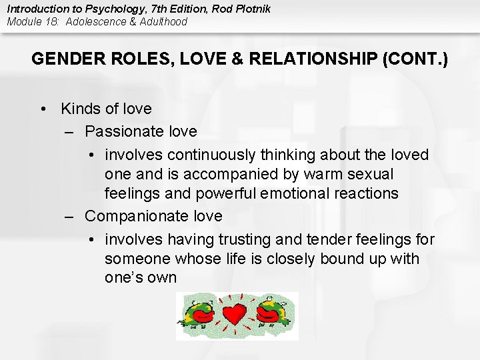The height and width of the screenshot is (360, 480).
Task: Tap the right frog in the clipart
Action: (x=271, y=312)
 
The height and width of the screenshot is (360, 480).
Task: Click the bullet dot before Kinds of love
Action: (x=44, y=109)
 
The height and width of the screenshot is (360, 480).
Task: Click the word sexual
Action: (x=370, y=175)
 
